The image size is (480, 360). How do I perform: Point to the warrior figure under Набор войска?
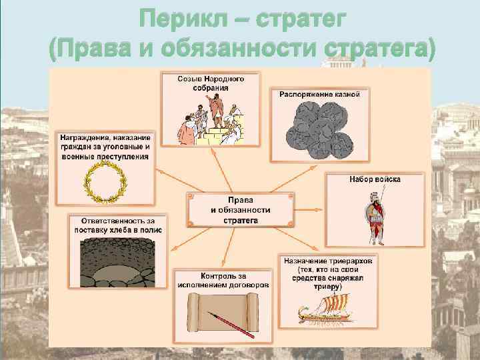coord(375,218)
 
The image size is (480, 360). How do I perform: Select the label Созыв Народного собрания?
coord(210,83)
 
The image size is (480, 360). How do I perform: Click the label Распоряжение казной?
coord(319,94)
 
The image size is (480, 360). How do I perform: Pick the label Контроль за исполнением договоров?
coord(223,279)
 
